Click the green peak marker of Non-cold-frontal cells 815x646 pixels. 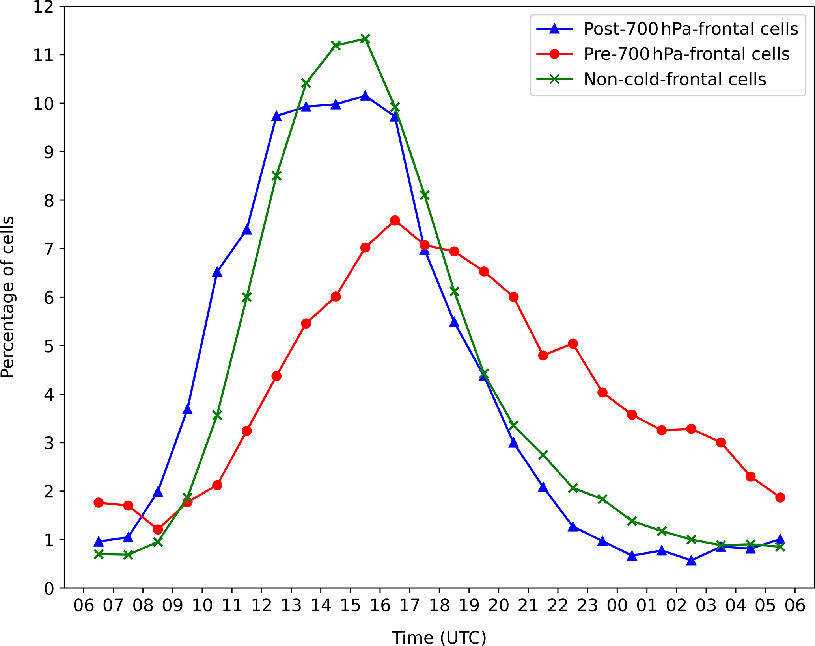pyautogui.click(x=365, y=39)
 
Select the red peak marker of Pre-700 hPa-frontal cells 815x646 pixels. pyautogui.click(x=395, y=221)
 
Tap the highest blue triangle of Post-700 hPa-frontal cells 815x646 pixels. pyautogui.click(x=365, y=96)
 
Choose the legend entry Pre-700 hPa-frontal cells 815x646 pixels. pyautogui.click(x=686, y=54)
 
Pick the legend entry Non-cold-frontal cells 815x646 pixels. pyautogui.click(x=675, y=79)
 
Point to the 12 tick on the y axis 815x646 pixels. pyautogui.click(x=43, y=7)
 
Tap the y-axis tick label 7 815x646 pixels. pyautogui.click(x=49, y=249)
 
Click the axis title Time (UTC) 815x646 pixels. pyautogui.click(x=439, y=637)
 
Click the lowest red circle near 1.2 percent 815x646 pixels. pyautogui.click(x=158, y=529)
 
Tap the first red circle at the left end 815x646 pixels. pyautogui.click(x=99, y=503)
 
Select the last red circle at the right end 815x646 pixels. pyautogui.click(x=780, y=497)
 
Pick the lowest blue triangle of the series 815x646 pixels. pyautogui.click(x=691, y=561)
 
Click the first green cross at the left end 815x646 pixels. pyautogui.click(x=99, y=554)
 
